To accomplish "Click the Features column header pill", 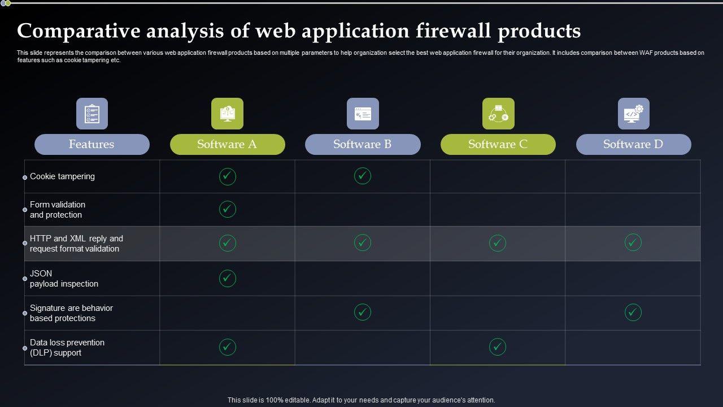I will point(92,144).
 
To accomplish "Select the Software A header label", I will point(227,144).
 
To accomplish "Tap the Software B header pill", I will point(363,144).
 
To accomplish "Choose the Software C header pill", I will point(498,144).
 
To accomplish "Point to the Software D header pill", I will point(633,144).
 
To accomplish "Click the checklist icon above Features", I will point(92,114).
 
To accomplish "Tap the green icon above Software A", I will point(227,114).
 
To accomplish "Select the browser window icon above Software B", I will point(363,114).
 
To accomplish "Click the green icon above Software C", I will point(498,114).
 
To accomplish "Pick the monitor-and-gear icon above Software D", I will point(633,114).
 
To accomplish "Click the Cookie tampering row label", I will point(62,176).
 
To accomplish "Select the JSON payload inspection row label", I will point(64,279).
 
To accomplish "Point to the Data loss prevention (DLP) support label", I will point(67,348).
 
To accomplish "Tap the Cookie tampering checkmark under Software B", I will point(363,176).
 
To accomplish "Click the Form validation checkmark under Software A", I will point(227,209).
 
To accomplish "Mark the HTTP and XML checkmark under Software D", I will point(633,243).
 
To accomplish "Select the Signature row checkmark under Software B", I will point(363,312).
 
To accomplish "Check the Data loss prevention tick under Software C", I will point(498,347).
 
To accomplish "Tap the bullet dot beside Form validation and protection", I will point(25,210).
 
